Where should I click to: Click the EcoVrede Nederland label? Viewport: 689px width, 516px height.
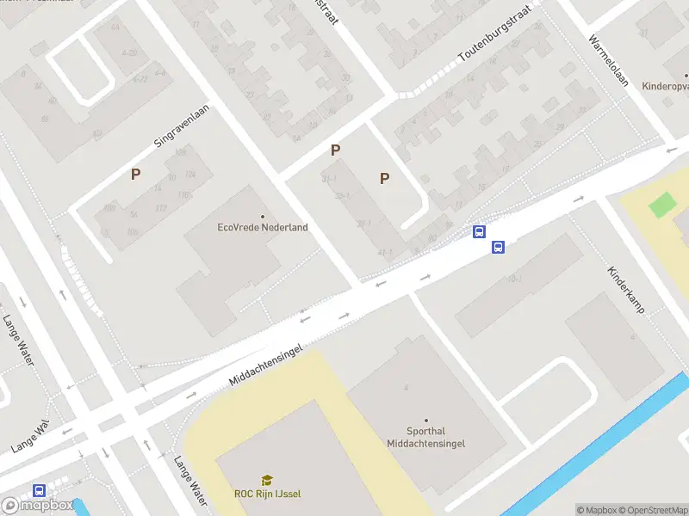[x=263, y=228]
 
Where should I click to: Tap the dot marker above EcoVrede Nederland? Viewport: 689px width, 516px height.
[x=263, y=217]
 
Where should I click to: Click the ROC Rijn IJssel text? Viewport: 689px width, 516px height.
[x=268, y=494]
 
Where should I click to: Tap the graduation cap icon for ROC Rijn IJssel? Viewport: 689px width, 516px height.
[x=268, y=480]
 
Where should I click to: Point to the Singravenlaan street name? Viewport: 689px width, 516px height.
[x=182, y=127]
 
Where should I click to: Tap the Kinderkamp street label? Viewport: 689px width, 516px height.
[x=626, y=288]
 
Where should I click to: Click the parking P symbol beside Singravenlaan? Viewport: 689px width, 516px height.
[x=135, y=175]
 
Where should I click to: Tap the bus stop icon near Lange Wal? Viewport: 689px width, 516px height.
[x=39, y=491]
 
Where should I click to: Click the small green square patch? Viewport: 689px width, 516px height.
[x=662, y=206]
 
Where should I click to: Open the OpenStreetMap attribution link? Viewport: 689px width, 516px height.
[x=654, y=510]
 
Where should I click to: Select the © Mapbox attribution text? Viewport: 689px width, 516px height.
[x=597, y=510]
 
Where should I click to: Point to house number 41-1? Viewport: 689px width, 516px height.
[x=384, y=253]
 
